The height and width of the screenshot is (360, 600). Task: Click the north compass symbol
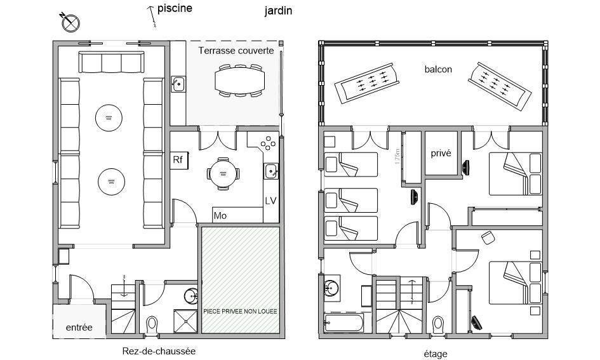click(x=70, y=23)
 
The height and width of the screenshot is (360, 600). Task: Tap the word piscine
click(x=175, y=8)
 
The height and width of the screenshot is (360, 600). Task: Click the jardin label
click(x=278, y=11)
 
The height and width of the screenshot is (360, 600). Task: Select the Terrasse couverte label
click(x=236, y=51)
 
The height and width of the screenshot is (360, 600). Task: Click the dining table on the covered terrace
click(x=239, y=81)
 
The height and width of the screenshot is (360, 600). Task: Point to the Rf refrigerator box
click(x=179, y=160)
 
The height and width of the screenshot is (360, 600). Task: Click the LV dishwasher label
click(x=270, y=201)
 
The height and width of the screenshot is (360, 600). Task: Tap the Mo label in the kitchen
click(x=220, y=216)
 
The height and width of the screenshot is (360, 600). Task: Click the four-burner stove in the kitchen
click(x=268, y=143)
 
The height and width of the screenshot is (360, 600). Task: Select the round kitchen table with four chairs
click(x=223, y=174)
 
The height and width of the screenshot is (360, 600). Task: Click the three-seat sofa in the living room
click(x=111, y=62)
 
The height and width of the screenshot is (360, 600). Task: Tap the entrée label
click(x=79, y=328)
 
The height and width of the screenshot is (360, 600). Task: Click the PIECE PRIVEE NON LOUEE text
click(x=240, y=311)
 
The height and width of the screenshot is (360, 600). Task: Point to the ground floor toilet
click(x=152, y=325)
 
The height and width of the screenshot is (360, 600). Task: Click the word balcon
click(x=438, y=69)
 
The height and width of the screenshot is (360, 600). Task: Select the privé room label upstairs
click(x=441, y=154)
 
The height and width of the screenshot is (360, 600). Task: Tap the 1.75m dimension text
click(x=397, y=156)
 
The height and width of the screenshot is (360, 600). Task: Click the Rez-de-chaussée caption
click(x=159, y=351)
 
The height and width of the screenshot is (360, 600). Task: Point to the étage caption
click(x=436, y=354)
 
